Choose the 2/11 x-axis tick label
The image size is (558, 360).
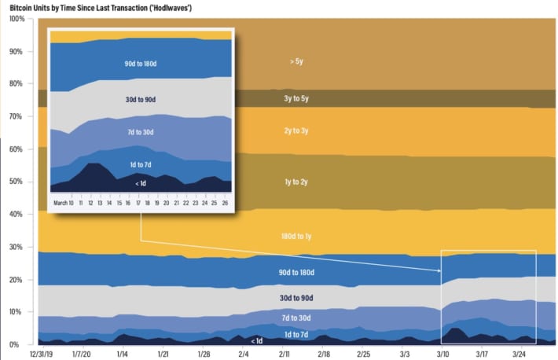[285, 354]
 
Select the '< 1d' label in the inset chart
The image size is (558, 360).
[140, 183]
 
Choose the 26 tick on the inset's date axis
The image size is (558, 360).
[226, 202]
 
